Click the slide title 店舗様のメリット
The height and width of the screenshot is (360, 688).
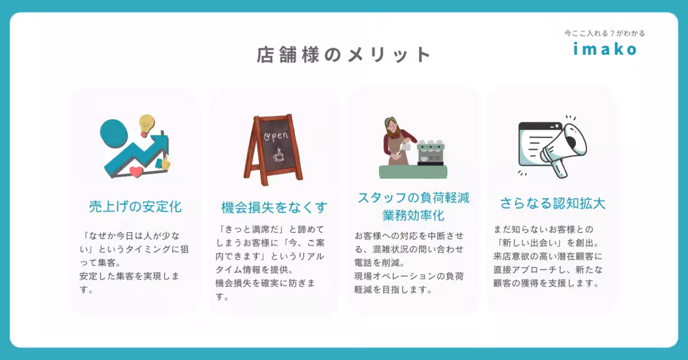tap(343, 55)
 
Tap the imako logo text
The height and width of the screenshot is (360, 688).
tap(605, 50)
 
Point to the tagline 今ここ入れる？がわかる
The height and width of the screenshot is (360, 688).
tap(604, 33)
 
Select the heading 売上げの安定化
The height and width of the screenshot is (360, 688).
tap(135, 206)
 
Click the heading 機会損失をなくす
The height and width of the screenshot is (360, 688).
tap(274, 207)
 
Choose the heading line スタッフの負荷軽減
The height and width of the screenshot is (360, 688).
tap(413, 198)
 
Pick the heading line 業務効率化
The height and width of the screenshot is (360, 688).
tap(413, 216)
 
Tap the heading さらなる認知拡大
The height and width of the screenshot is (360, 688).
tap(553, 204)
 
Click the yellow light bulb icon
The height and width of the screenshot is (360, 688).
tap(147, 124)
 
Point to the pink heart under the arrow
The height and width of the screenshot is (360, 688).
tap(136, 171)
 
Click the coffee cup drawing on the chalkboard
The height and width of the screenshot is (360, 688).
tap(279, 155)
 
